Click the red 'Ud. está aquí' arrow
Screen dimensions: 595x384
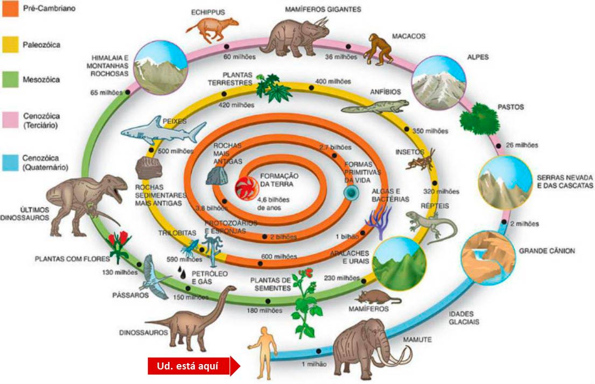click(194, 366)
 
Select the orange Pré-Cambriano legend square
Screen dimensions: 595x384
click(10, 9)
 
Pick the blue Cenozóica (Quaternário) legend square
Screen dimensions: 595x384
click(10, 163)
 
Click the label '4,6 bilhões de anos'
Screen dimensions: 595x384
click(273, 204)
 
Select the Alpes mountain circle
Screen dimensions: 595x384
click(439, 83)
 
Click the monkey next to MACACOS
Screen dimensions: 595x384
click(379, 49)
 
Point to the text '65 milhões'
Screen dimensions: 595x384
click(106, 93)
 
